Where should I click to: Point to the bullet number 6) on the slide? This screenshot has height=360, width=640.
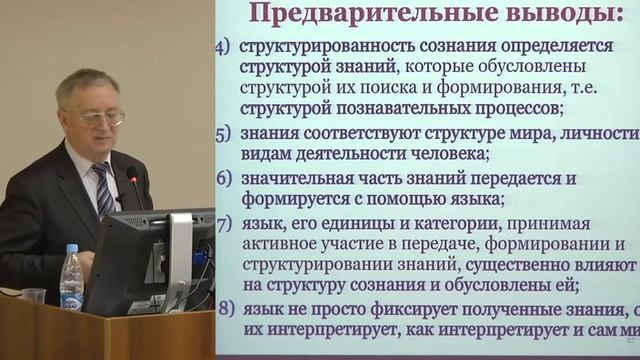coord(224,179)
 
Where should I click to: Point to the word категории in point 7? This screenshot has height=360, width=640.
coord(444,223)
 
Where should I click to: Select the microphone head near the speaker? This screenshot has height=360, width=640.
coord(132,175)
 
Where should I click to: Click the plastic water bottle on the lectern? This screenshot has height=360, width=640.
coord(71,279)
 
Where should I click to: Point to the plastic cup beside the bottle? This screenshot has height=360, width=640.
coord(33,296)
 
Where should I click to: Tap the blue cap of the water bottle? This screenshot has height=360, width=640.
coord(71,248)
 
